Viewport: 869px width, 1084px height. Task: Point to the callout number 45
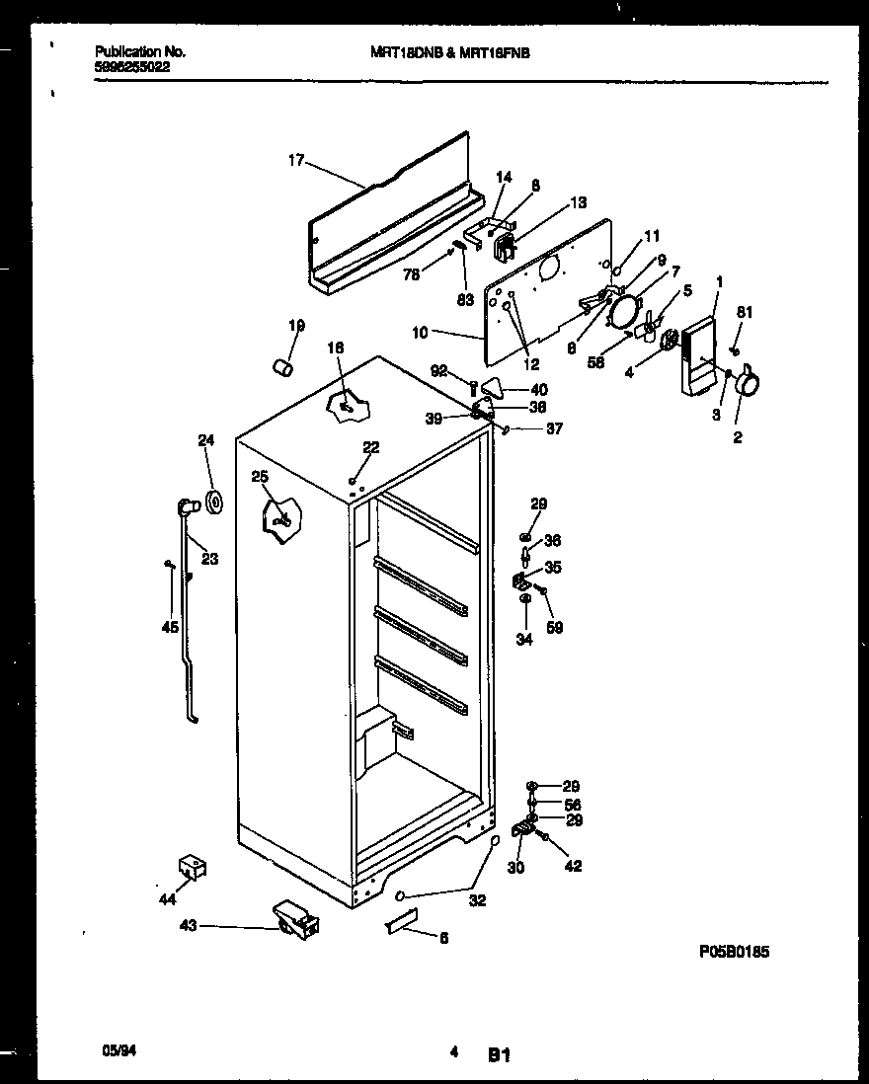[171, 626]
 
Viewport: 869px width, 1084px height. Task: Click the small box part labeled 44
[190, 867]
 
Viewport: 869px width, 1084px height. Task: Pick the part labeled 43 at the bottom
[295, 920]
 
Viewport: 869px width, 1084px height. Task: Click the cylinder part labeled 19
[285, 367]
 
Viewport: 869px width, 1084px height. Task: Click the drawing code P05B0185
[734, 952]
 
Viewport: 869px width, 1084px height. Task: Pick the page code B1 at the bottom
[498, 1055]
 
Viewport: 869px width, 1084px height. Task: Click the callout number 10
[420, 333]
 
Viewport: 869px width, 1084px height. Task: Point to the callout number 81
[745, 313]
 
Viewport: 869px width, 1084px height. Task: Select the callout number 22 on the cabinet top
[369, 447]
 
